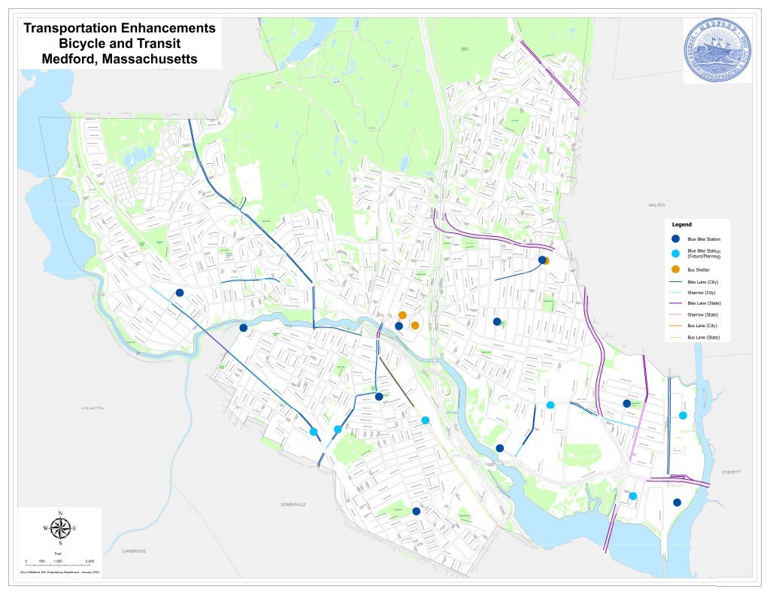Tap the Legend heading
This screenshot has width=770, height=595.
682,224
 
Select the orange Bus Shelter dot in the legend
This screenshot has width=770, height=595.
675,269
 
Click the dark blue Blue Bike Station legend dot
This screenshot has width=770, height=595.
675,238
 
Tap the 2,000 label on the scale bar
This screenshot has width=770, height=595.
89,562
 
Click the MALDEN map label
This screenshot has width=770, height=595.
658,205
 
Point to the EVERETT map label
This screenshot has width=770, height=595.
732,472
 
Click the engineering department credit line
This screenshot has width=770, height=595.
59,573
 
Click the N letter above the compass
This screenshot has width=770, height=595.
60,513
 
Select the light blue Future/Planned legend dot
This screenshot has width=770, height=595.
675,253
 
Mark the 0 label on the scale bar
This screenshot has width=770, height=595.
26,562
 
